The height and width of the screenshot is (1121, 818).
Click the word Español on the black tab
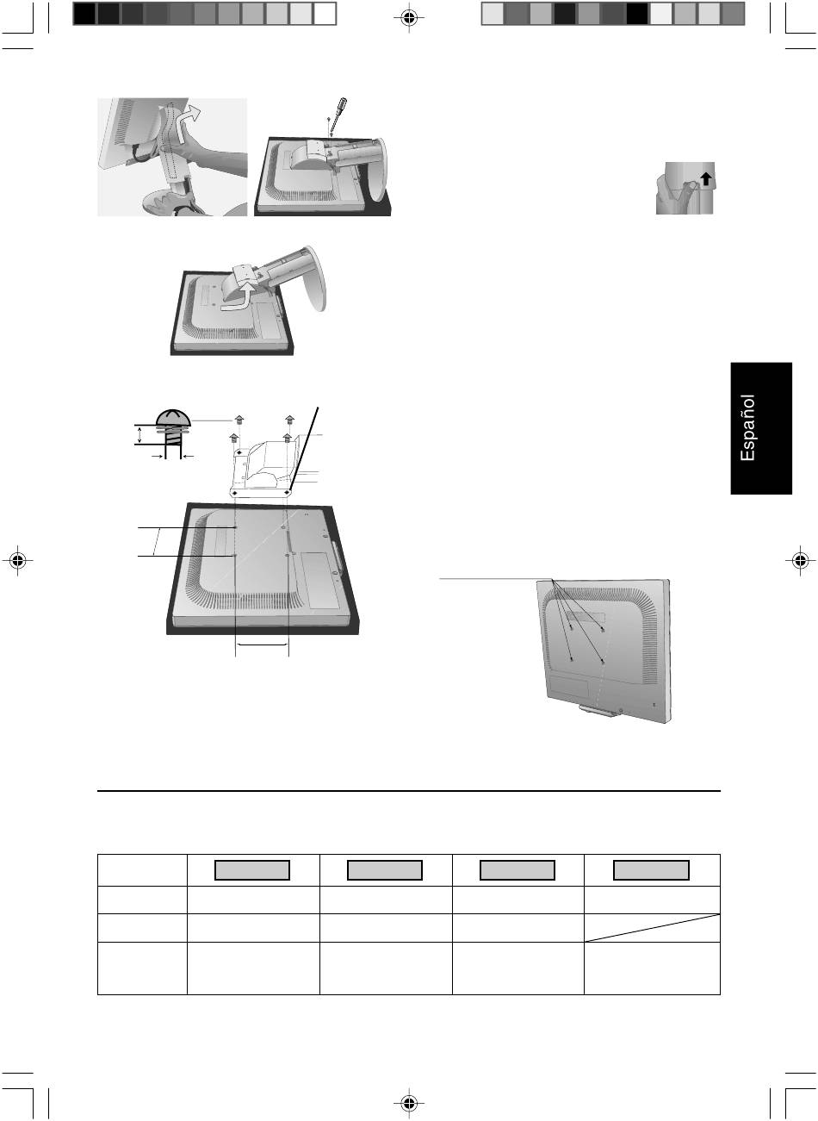point(747,427)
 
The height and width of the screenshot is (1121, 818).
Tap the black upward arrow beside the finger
point(705,178)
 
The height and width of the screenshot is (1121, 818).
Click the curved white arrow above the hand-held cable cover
point(189,117)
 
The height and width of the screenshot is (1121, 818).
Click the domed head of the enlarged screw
point(173,418)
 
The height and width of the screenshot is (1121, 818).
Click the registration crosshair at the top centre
point(409,18)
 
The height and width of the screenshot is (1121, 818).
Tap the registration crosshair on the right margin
point(800,560)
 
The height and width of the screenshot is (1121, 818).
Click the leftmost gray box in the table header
point(252,869)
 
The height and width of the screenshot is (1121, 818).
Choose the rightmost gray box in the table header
point(651,869)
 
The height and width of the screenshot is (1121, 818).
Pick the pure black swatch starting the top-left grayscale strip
point(84,14)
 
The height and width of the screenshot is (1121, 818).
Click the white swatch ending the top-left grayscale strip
point(325,14)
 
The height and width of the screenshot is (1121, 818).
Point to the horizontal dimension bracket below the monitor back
point(262,645)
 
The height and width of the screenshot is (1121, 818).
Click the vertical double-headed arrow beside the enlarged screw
point(140,434)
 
